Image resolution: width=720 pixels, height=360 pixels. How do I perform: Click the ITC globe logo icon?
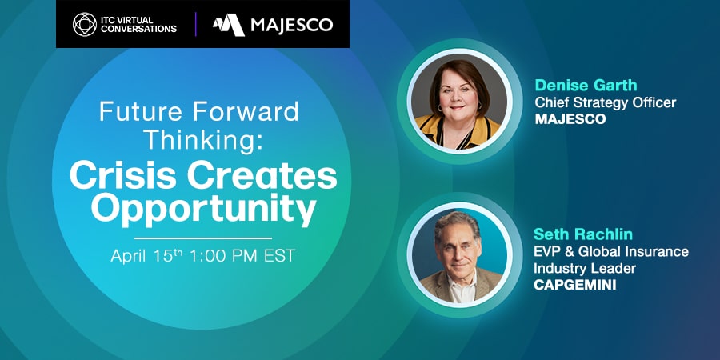coord(85,24)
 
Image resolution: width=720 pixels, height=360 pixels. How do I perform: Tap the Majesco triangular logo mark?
coord(228,25)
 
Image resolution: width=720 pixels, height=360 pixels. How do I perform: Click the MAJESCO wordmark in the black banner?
coord(291,25)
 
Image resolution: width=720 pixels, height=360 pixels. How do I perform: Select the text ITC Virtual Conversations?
coord(138,25)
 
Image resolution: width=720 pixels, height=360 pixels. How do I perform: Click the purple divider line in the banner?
coord(196,24)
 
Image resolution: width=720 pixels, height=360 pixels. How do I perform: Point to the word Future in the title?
coord(142,111)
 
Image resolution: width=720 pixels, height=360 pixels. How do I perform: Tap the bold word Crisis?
coord(123,177)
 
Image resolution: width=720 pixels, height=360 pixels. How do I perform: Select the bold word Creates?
coord(262,177)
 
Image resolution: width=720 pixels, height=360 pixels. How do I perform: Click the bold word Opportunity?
coord(203,209)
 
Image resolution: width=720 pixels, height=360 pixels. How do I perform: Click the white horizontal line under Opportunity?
coord(203,238)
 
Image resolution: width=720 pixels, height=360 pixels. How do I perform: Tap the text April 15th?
coord(147,255)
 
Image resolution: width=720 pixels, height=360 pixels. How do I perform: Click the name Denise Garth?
coord(586,86)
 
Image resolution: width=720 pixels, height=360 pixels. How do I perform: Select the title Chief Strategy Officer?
coord(606,102)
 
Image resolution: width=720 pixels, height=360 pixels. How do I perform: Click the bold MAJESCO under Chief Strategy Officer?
coord(570,119)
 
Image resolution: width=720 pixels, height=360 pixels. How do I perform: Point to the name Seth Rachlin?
coord(582,234)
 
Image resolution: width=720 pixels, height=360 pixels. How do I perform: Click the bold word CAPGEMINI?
coord(574,285)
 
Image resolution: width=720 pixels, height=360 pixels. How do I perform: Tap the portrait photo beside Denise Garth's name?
coord(459,102)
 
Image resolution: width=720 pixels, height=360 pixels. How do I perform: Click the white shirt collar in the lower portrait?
coord(461,288)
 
